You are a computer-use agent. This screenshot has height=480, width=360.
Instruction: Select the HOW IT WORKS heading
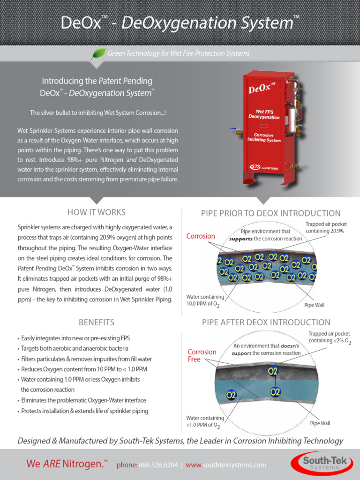(x=97, y=212)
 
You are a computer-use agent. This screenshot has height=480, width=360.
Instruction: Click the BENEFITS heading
(x=97, y=322)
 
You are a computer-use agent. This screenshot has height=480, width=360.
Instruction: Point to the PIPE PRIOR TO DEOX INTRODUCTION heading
(x=271, y=213)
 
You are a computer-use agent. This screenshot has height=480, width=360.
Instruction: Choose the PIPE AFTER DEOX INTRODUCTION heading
(x=266, y=322)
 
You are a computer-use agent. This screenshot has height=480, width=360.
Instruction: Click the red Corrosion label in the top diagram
(x=201, y=236)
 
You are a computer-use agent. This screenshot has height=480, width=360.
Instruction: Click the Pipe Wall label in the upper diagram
(x=314, y=305)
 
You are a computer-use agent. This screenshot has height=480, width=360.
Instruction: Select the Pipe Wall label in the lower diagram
(x=320, y=423)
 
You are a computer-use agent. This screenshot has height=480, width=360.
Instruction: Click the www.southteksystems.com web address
(x=225, y=465)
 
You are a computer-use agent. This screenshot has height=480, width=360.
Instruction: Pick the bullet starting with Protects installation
(x=84, y=411)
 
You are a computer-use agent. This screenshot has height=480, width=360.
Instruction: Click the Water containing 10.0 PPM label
(x=205, y=300)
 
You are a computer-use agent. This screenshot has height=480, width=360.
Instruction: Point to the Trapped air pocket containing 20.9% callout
(x=325, y=228)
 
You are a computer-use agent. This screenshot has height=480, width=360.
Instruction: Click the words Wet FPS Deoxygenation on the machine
(x=264, y=114)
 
